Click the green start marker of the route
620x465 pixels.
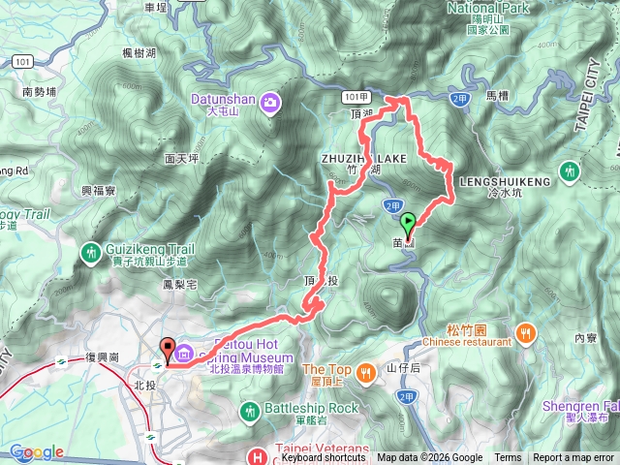407,222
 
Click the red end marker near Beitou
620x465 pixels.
166,349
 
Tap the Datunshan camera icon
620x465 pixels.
268,101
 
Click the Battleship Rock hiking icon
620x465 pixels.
251,409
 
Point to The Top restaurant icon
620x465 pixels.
365,371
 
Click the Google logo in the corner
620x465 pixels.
37,452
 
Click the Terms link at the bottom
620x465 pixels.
507,458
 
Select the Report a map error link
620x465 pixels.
574,458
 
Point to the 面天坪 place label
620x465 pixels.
181,157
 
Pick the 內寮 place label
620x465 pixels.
584,338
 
